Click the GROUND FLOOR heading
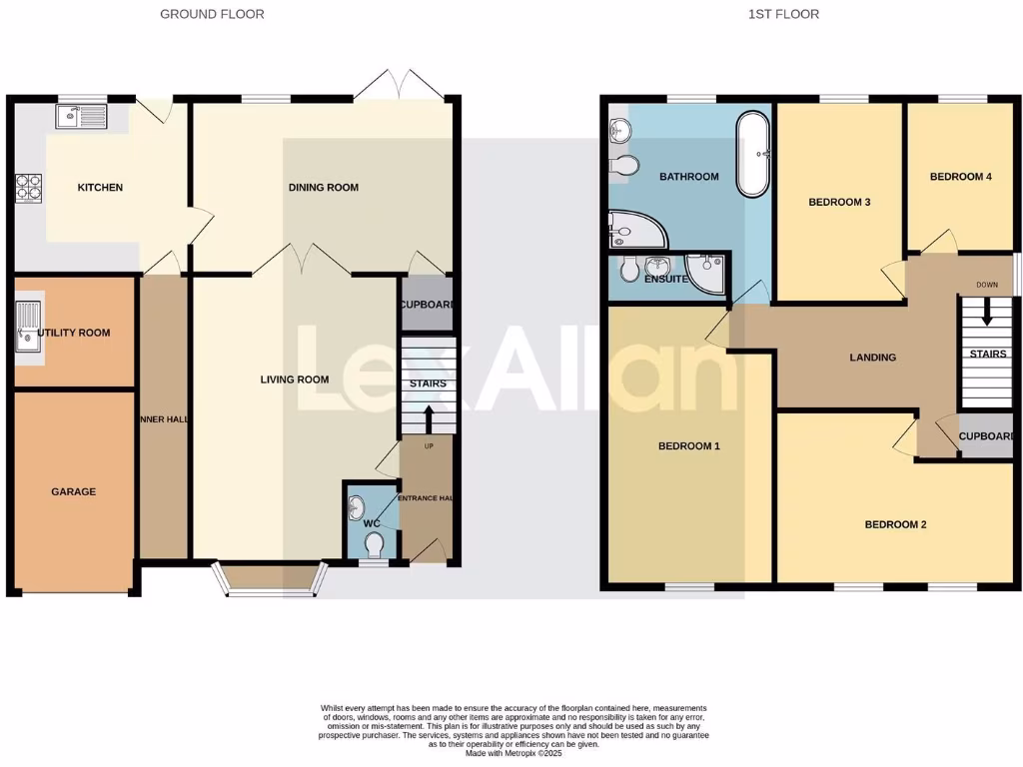212,14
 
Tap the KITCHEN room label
101,188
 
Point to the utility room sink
27,329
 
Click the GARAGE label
74,491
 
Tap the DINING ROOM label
323,188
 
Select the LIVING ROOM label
295,380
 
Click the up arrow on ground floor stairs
429,416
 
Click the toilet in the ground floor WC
375,545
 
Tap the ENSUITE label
666,280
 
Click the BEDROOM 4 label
960,177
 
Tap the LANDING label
872,358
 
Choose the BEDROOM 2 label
895,524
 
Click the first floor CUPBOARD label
986,436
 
